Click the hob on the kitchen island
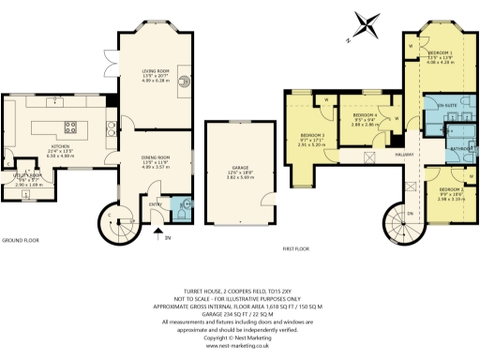68,127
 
